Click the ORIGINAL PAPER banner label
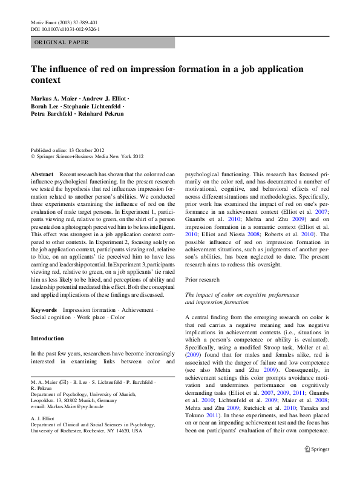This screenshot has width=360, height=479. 62,43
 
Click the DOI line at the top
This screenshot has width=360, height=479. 65,29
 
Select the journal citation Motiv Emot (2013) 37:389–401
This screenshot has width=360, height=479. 63,22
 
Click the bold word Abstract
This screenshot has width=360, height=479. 42,174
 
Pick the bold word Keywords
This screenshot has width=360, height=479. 44,310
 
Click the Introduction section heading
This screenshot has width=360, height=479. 47,339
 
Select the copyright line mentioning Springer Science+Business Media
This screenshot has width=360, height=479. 88,156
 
